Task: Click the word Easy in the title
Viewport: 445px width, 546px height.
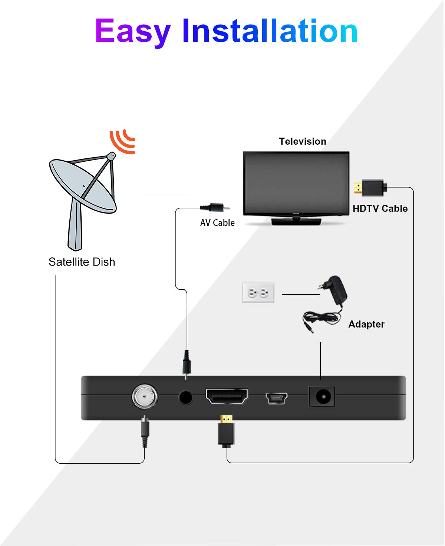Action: point(132,31)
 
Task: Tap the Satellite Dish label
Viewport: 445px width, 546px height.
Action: point(82,262)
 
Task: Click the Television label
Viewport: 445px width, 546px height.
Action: point(302,141)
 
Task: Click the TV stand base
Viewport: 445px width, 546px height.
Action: point(296,221)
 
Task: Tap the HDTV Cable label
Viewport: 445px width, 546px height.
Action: point(380,208)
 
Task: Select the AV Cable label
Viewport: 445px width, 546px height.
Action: point(217,223)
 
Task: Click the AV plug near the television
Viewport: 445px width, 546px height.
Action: point(215,207)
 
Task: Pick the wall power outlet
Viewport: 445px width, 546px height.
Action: point(258,293)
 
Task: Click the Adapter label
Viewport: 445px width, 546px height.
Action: point(366,324)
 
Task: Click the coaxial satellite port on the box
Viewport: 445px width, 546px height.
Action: point(145,397)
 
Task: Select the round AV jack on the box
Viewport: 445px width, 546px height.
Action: point(185,397)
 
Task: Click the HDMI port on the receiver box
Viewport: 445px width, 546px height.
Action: point(227,397)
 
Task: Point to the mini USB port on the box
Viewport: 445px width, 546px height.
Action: point(276,398)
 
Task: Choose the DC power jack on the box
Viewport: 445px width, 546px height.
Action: point(322,397)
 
